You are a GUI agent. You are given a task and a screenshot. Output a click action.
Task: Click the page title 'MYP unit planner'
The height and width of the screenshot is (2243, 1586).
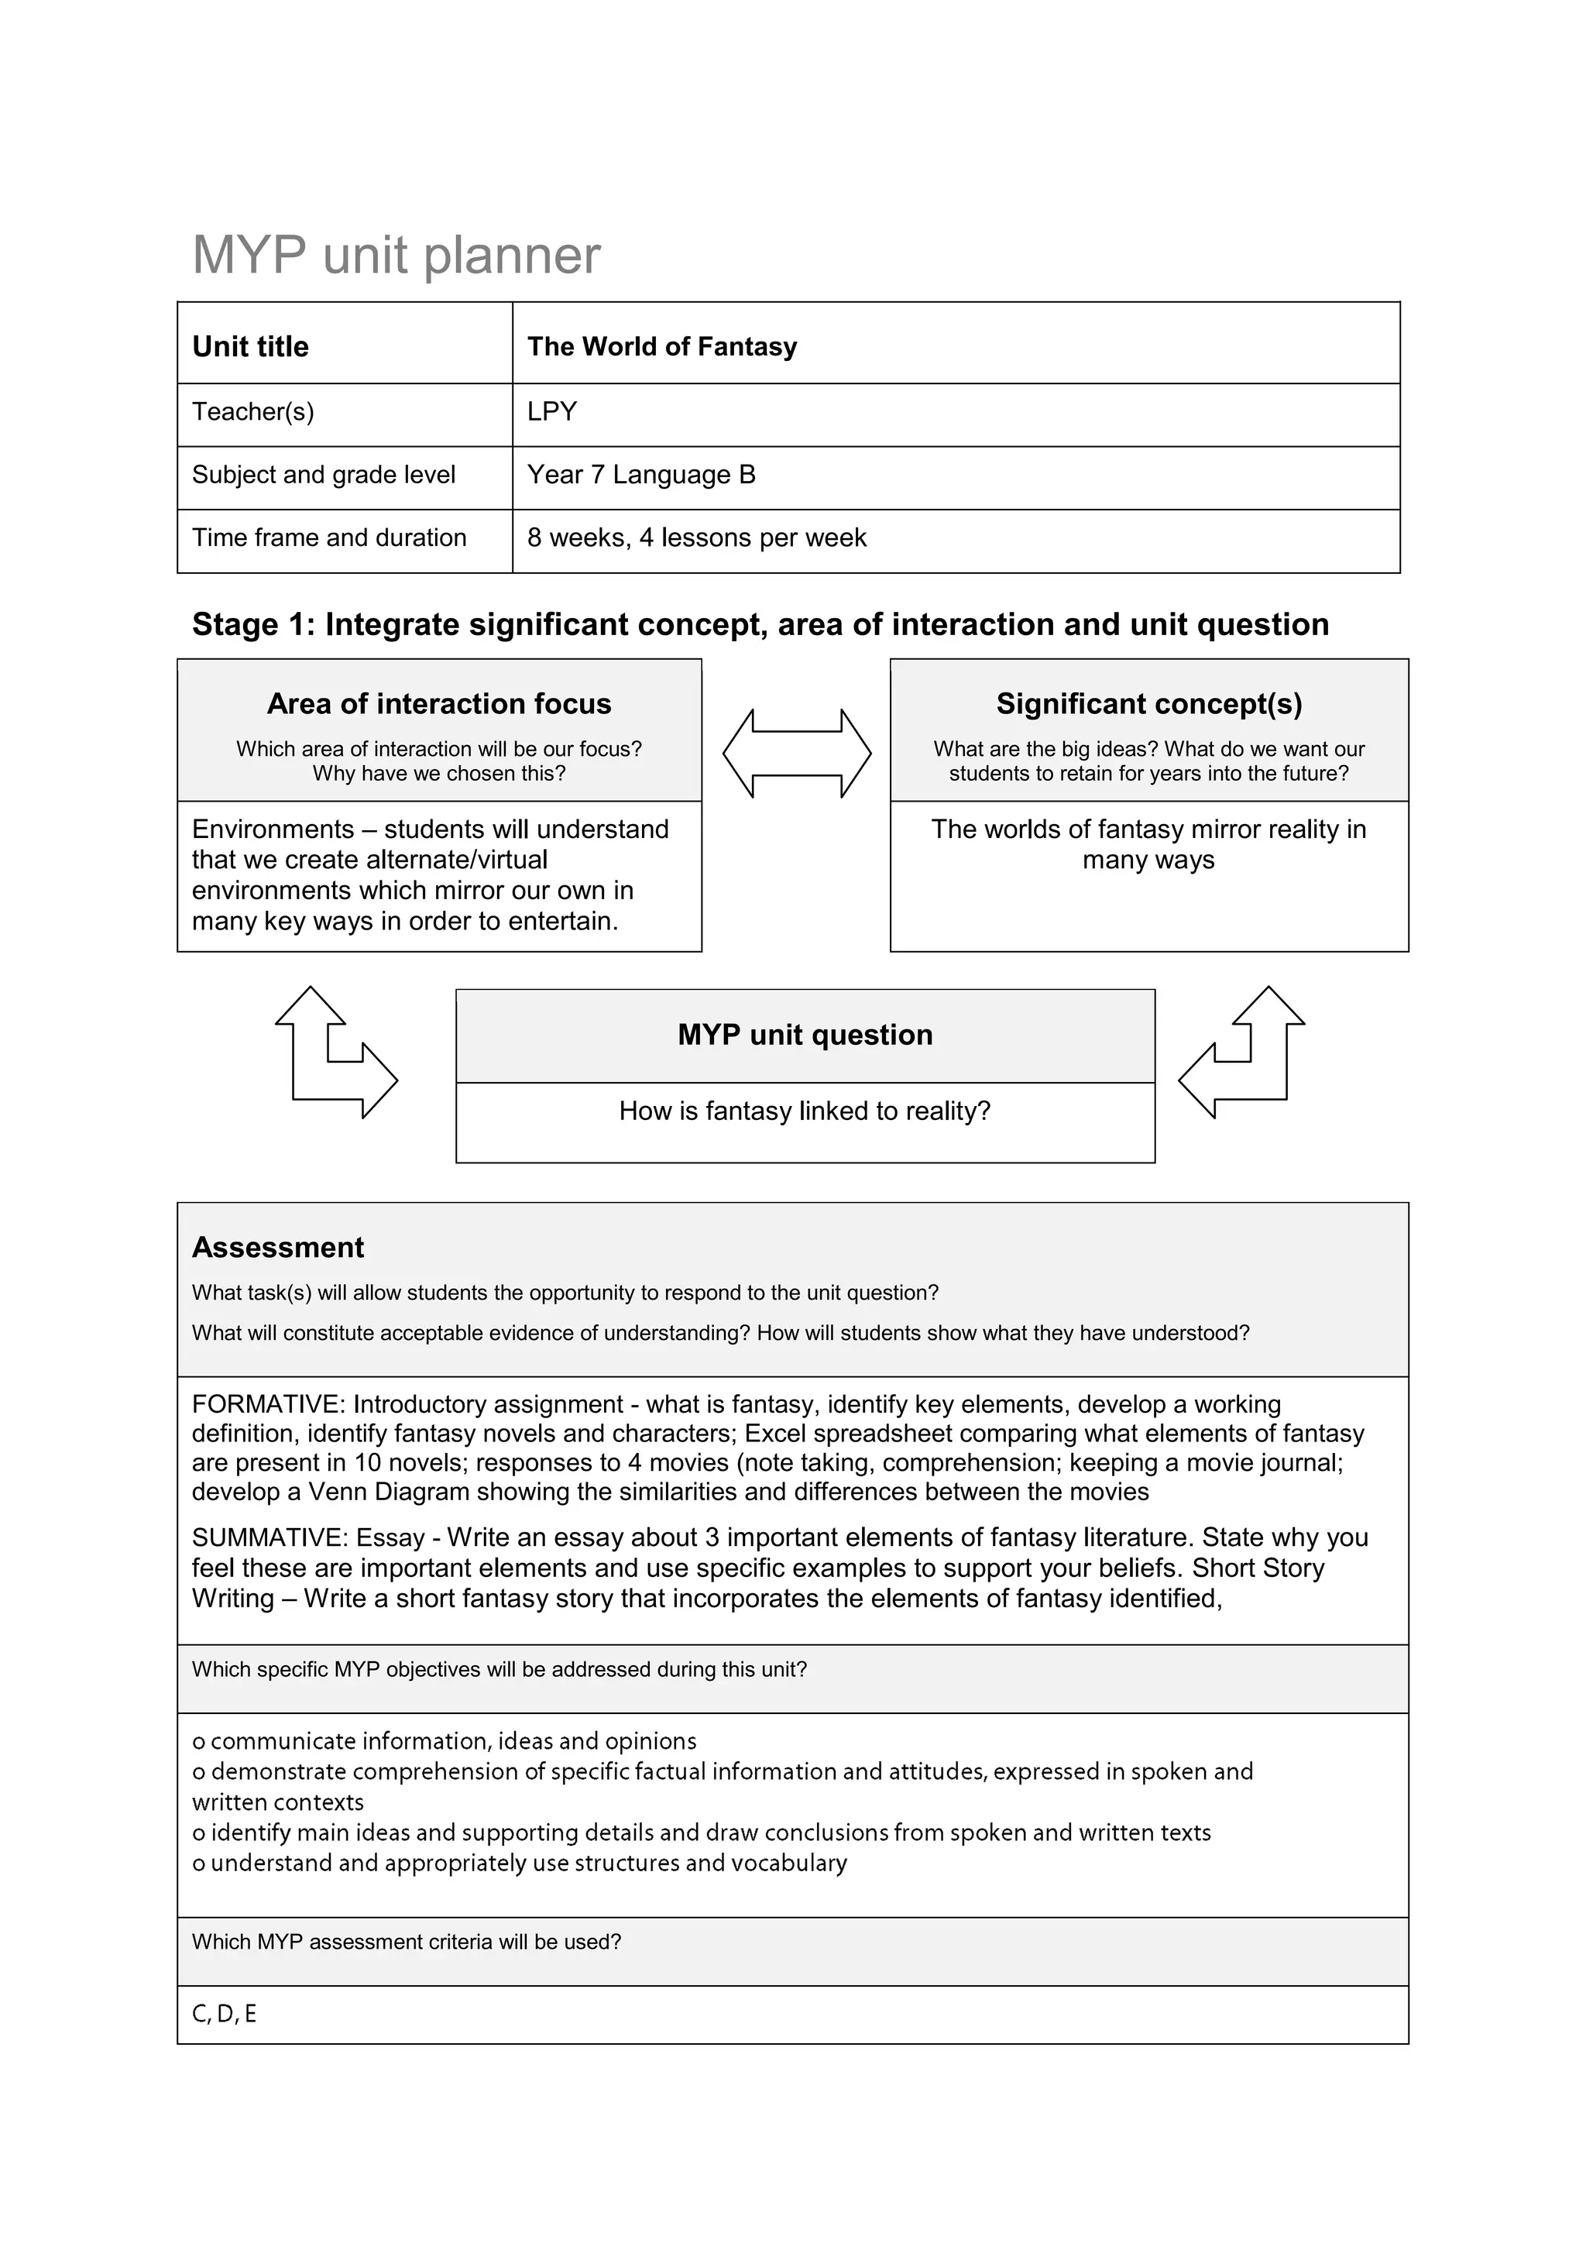396,255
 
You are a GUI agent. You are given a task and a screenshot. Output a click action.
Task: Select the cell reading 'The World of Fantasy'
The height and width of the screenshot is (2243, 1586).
661,347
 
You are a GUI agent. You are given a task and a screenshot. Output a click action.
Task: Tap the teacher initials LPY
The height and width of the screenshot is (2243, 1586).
552,411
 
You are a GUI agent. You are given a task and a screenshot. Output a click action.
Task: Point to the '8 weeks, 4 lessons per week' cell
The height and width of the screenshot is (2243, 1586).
696,538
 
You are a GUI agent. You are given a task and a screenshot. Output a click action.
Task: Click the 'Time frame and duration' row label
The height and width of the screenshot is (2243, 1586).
329,538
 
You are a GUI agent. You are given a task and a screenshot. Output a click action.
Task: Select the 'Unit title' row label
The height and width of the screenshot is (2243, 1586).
250,347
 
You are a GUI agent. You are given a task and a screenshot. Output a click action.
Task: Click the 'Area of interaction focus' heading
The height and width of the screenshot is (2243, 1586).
438,703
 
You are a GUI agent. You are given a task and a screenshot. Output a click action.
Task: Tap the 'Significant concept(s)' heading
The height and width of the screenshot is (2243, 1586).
1148,703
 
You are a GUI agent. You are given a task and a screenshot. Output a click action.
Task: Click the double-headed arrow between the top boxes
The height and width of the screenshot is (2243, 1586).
796,753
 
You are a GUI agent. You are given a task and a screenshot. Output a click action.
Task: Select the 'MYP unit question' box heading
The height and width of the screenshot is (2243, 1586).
805,1035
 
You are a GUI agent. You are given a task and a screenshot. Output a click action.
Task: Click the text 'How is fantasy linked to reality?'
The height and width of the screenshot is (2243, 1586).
805,1111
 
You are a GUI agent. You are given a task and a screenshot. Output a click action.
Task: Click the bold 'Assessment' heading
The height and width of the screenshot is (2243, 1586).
277,1248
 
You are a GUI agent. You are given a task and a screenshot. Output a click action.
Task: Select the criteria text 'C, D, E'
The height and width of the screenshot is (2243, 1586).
224,2014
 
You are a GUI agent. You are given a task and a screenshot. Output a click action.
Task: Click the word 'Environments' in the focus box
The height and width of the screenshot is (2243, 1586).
273,830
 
